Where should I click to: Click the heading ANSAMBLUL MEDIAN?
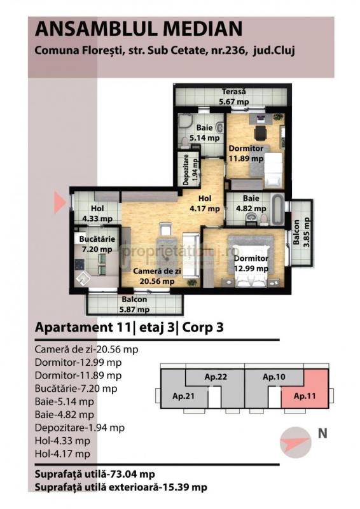pyautogui.click(x=139, y=29)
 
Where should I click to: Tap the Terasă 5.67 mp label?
pyautogui.click(x=233, y=97)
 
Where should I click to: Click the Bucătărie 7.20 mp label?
pyautogui.click(x=97, y=244)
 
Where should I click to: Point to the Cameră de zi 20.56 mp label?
pyautogui.click(x=157, y=276)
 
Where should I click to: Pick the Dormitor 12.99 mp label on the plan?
pyautogui.click(x=251, y=263)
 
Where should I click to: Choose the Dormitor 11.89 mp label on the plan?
pyautogui.click(x=246, y=153)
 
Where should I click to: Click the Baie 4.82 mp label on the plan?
pyautogui.click(x=251, y=203)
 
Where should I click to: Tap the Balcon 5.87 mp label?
pyautogui.click(x=134, y=304)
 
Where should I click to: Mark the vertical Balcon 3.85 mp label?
pyautogui.click(x=301, y=232)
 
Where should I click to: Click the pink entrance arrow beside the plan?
pyautogui.click(x=60, y=202)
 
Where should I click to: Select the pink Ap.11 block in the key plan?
pyautogui.click(x=305, y=389)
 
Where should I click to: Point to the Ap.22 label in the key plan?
pyautogui.click(x=216, y=377)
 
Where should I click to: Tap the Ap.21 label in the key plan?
pyautogui.click(x=183, y=396)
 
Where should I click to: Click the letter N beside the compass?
pyautogui.click(x=322, y=433)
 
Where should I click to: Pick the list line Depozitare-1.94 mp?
pyautogui.click(x=80, y=428)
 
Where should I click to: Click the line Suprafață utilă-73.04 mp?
pyautogui.click(x=95, y=474)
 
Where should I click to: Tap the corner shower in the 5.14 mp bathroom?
pyautogui.click(x=184, y=123)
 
